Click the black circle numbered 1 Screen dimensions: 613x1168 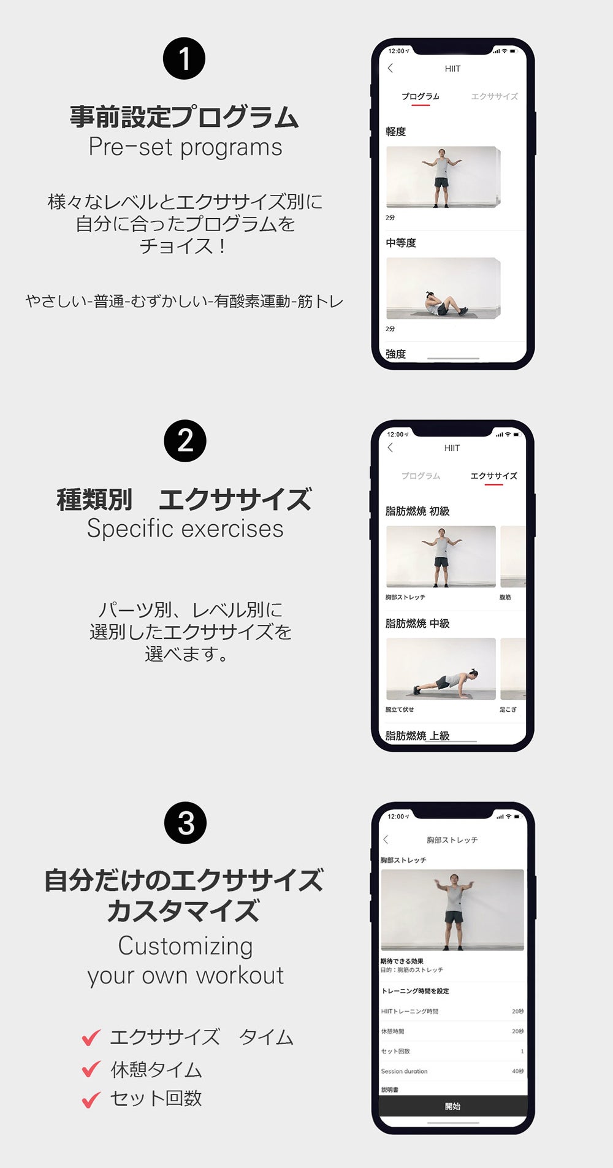click(x=184, y=59)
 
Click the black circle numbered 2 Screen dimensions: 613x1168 click(x=185, y=441)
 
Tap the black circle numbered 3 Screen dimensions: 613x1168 click(x=186, y=823)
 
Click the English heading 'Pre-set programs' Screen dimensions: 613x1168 click(x=185, y=147)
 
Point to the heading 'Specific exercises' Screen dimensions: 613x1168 click(x=185, y=529)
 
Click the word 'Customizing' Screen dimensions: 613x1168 click(x=185, y=946)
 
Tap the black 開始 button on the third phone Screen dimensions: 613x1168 click(x=453, y=1106)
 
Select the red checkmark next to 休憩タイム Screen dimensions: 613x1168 click(x=91, y=1069)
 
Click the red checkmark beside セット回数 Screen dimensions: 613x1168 click(x=91, y=1099)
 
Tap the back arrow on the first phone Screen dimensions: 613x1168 click(x=390, y=68)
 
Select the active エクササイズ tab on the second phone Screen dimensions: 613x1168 click(x=493, y=476)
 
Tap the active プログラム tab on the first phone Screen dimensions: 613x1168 click(x=421, y=96)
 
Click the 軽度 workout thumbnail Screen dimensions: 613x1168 click(x=442, y=177)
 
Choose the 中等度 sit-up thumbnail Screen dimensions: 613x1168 click(x=442, y=288)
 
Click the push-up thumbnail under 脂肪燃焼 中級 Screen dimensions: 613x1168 click(x=441, y=669)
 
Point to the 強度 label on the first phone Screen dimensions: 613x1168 click(x=396, y=354)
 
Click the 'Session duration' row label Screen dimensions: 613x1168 click(x=404, y=1071)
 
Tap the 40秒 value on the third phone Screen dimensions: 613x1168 click(x=518, y=1071)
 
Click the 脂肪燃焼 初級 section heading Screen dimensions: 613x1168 click(x=417, y=511)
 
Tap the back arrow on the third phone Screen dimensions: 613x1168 click(x=386, y=839)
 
